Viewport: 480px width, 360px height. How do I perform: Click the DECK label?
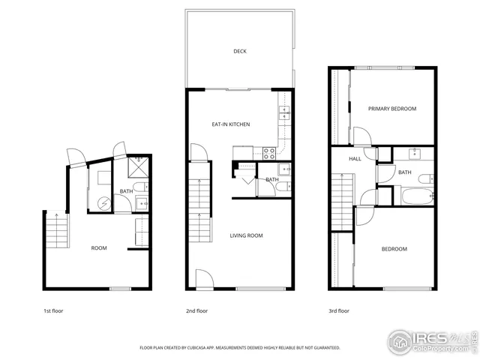click(239, 52)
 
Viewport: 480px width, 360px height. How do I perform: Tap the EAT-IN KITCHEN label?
click(230, 124)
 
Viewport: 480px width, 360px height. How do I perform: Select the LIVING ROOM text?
click(246, 236)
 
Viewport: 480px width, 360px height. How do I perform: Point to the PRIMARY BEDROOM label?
click(391, 109)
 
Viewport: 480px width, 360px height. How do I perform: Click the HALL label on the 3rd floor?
click(355, 159)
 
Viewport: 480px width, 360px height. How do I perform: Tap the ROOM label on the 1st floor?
click(99, 248)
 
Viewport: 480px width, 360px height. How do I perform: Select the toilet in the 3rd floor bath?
click(425, 178)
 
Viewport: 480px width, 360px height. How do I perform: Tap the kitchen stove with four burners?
click(268, 152)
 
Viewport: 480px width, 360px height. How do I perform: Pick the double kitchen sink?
click(284, 114)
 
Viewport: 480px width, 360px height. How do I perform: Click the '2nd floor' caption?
click(196, 310)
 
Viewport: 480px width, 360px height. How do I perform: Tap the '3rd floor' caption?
click(338, 310)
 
